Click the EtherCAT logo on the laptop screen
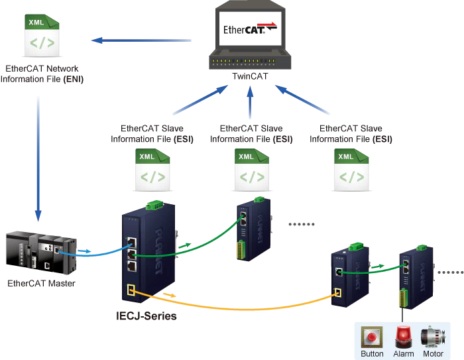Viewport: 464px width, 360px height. coord(251,29)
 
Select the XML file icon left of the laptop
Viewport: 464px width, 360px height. coord(42,34)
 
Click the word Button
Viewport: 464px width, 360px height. coord(372,353)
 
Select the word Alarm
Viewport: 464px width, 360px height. coord(404,353)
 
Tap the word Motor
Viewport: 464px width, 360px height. coord(433,353)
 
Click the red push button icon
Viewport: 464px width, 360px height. coord(372,337)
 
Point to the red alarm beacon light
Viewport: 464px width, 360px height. coord(404,335)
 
